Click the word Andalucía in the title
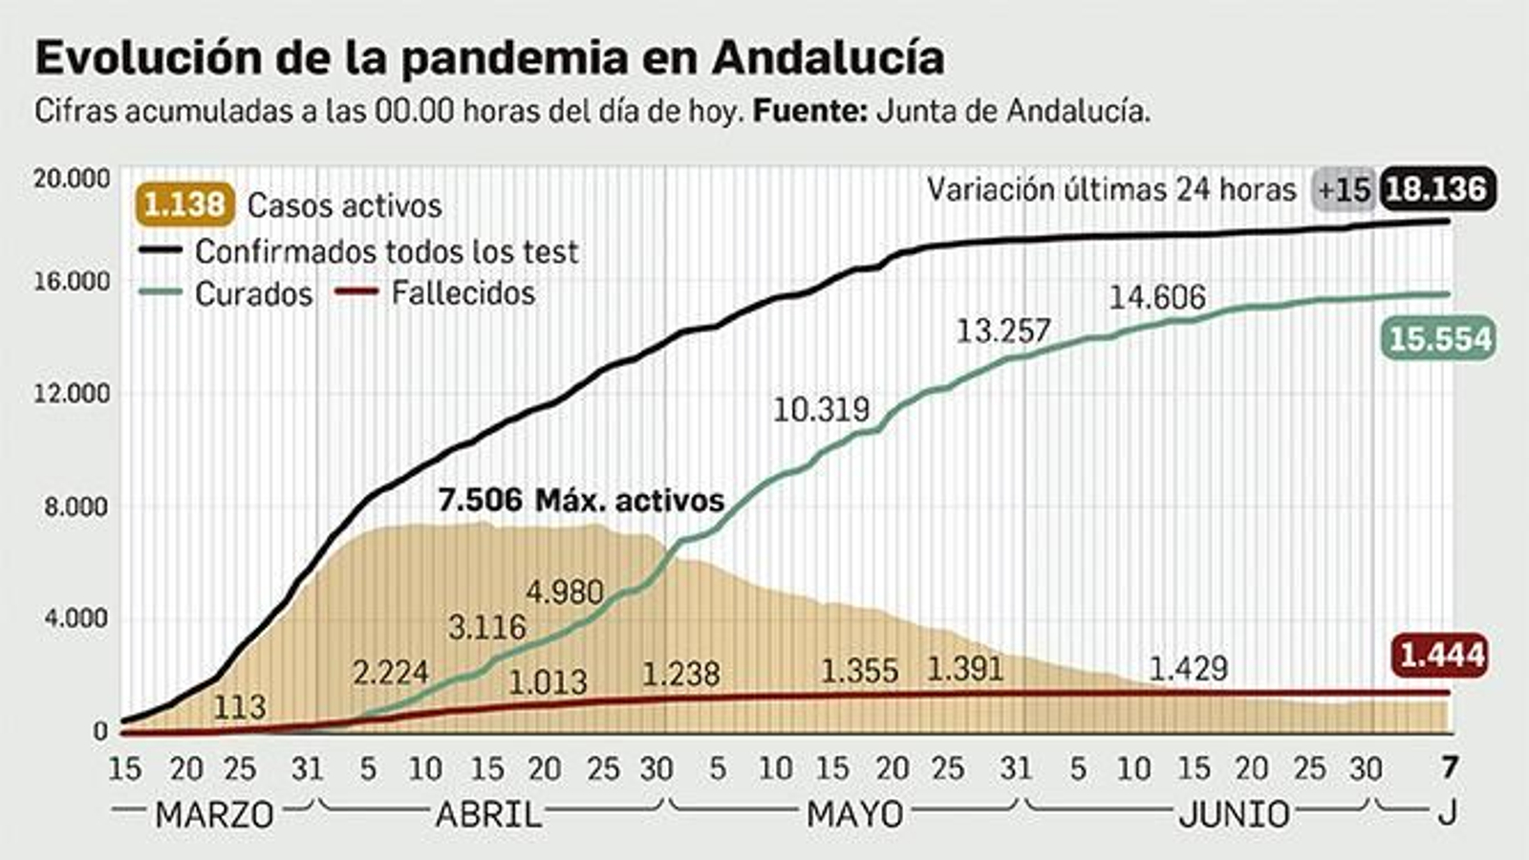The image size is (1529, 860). (x=828, y=57)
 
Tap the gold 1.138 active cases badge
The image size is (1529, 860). (x=185, y=204)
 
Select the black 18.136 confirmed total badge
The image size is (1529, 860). (x=1436, y=189)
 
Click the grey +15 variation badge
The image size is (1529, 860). (x=1344, y=189)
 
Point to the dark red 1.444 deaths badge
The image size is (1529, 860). (x=1441, y=656)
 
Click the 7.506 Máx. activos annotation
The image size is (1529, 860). (x=581, y=500)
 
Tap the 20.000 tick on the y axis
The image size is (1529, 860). (x=72, y=180)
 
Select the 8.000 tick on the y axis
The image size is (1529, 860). (x=76, y=506)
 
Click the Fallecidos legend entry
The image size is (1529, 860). (x=463, y=292)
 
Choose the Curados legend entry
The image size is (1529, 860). (x=253, y=294)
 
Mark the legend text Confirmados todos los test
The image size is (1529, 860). (x=386, y=251)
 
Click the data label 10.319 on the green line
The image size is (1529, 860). (x=821, y=410)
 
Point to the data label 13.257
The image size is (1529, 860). (x=1003, y=332)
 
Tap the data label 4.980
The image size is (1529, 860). (x=565, y=592)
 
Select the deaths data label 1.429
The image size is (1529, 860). (x=1187, y=669)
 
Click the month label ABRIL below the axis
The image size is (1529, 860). (x=488, y=815)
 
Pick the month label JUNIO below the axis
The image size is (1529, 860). (x=1234, y=815)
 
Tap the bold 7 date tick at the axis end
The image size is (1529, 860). (x=1449, y=767)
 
